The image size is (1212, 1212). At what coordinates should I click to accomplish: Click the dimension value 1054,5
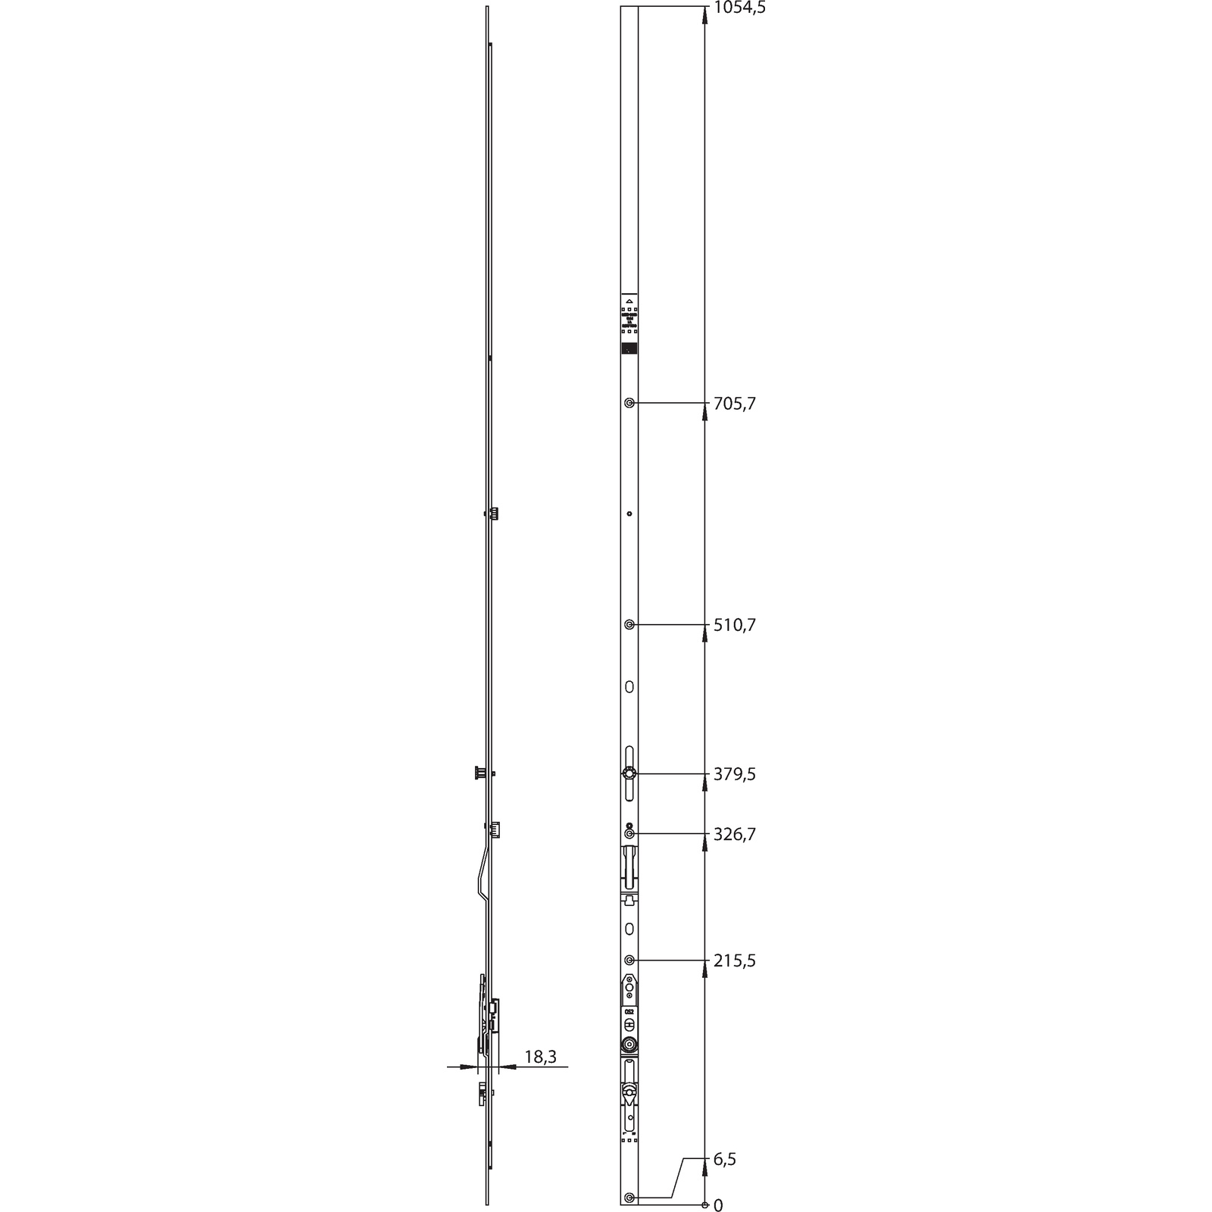(739, 8)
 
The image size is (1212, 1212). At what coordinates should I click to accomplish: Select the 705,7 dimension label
(734, 404)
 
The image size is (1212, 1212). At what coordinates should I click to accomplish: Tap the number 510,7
(734, 625)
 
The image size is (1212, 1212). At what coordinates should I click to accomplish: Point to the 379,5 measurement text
(734, 774)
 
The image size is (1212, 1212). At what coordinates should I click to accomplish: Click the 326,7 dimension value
(734, 834)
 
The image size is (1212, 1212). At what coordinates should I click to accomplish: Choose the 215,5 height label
(734, 961)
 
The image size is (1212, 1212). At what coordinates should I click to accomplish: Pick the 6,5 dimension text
(725, 1160)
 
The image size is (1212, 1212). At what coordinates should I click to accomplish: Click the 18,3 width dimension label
(540, 1057)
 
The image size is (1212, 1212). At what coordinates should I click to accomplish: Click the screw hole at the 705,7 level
(629, 403)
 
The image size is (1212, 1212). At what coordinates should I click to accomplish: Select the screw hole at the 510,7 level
(629, 625)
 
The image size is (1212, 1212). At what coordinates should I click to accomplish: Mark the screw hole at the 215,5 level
(629, 961)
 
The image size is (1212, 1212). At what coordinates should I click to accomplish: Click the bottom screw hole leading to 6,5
(629, 1198)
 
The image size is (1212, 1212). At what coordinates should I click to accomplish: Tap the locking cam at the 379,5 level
(629, 774)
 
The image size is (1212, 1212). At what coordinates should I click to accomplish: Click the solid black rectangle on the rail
(629, 348)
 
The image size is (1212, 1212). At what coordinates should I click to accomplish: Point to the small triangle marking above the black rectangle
(629, 301)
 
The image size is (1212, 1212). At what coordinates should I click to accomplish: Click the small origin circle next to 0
(705, 1205)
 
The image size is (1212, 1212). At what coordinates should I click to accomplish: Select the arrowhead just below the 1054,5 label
(705, 18)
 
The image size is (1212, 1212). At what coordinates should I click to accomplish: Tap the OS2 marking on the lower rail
(629, 1011)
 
